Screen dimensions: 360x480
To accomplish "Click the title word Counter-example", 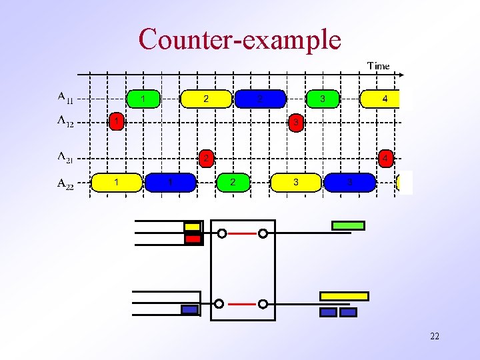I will (x=239, y=39).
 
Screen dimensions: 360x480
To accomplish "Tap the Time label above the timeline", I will (x=378, y=65).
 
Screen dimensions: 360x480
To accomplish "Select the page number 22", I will (x=434, y=336).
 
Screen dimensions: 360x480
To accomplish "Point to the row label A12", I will (x=65, y=121).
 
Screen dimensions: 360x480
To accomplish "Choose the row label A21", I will (x=65, y=157).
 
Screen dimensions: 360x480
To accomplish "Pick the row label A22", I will (x=65, y=182).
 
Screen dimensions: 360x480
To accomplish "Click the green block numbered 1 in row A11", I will (x=143, y=99).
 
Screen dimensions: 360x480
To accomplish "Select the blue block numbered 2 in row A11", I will (x=260, y=99).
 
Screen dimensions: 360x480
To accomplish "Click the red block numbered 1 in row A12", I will (x=117, y=122).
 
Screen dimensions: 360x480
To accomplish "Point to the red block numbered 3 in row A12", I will (x=296, y=122).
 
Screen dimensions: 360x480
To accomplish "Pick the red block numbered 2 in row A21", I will (x=207, y=159).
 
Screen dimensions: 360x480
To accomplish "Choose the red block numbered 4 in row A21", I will (x=385, y=159).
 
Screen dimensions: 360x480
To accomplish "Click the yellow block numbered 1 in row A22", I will (x=117, y=182).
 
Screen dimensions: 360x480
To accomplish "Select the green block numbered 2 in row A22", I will (x=232, y=182).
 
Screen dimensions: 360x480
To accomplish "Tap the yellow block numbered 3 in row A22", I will (x=296, y=182).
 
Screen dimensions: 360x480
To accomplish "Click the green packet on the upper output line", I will (x=348, y=226).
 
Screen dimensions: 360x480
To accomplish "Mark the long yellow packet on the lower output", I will (x=344, y=296).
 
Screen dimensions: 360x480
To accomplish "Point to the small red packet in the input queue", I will (x=193, y=238).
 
